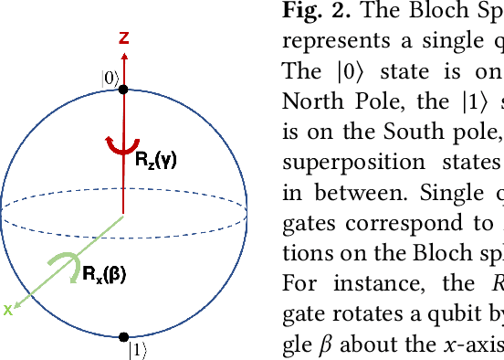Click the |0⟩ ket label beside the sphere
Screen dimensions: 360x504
[x=109, y=79]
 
